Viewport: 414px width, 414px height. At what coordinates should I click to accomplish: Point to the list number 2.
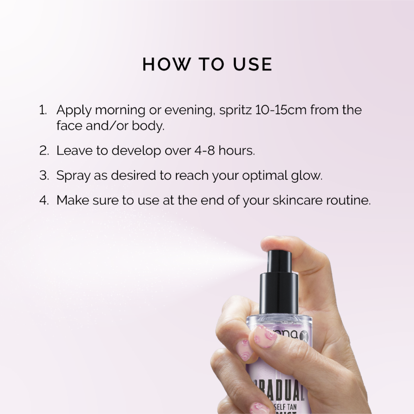44,150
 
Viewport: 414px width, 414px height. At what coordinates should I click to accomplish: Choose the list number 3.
44,175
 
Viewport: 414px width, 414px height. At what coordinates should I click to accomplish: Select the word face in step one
68,125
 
